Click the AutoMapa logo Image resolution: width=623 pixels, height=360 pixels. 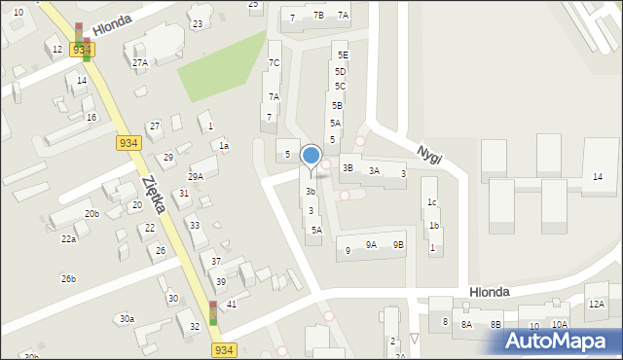[x=560, y=341]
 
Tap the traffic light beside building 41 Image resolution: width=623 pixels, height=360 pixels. [x=213, y=312]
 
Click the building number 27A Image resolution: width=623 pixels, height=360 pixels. [x=140, y=63]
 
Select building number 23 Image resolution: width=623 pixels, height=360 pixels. [x=198, y=23]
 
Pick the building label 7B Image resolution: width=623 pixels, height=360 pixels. [x=318, y=16]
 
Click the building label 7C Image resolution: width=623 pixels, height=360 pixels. [x=275, y=63]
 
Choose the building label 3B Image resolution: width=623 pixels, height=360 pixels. [x=348, y=167]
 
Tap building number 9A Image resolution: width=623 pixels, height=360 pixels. [x=371, y=245]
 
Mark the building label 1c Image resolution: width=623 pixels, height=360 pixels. [x=431, y=202]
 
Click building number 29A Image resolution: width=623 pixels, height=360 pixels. [x=196, y=176]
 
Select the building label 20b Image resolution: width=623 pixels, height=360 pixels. [x=92, y=214]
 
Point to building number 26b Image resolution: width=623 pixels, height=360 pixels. [x=68, y=279]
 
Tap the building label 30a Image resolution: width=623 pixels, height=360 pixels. [x=127, y=319]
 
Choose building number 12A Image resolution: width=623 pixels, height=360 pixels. [x=596, y=305]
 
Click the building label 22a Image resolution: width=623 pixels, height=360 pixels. [x=68, y=238]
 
